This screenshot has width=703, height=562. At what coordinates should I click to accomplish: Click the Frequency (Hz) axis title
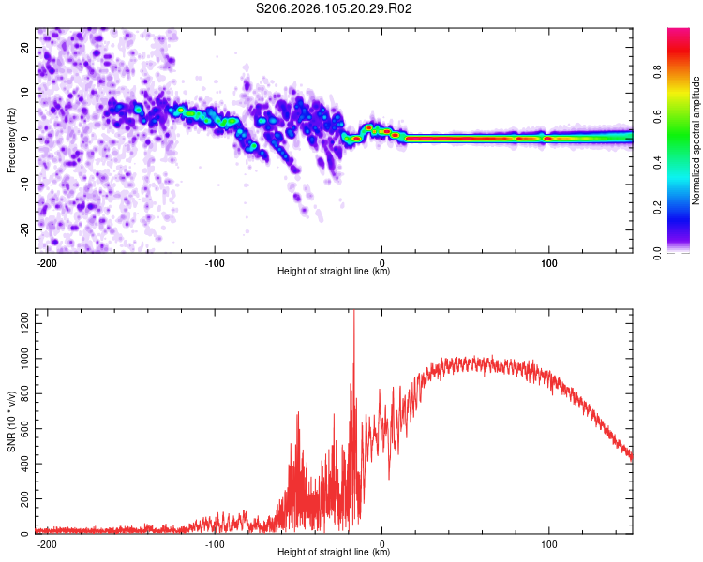coord(11,140)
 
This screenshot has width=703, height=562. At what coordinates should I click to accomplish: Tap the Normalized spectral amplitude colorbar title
coord(696,140)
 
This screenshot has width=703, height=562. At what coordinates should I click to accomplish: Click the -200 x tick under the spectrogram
coord(47,262)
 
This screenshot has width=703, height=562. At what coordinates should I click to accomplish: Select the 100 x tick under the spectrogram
coord(548,262)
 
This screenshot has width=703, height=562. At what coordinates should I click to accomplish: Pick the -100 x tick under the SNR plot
coord(214,544)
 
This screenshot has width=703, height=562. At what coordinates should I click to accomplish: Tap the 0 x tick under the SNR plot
coord(381,544)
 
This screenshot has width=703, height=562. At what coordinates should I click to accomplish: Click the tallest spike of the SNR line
coord(353,314)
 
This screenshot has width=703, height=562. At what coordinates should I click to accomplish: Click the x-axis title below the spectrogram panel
coord(334,272)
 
